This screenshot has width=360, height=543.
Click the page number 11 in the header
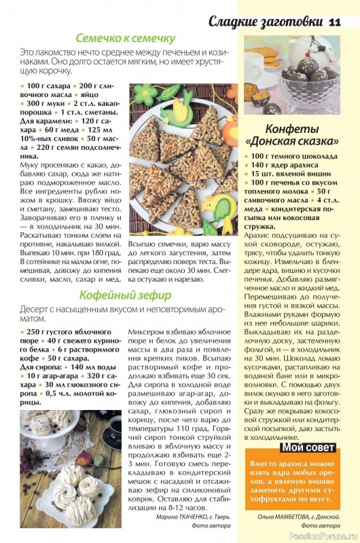pos(334,22)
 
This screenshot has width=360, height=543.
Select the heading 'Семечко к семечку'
pos(126,39)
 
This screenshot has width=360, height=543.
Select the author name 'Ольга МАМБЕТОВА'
pos(276,516)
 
